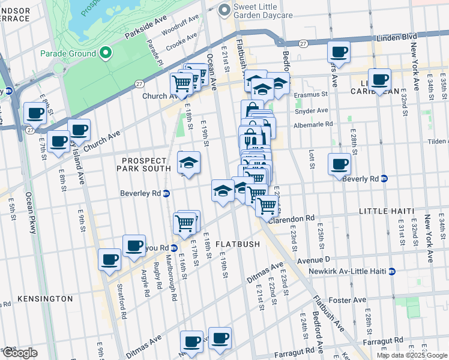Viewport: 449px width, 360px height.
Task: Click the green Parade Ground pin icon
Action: point(106,53)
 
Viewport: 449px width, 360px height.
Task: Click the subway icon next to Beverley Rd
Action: point(167,193)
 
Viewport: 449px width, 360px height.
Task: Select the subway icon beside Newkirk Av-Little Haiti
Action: point(392,271)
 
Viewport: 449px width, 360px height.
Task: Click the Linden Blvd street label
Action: point(396,37)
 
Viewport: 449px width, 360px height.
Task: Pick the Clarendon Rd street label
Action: point(292,219)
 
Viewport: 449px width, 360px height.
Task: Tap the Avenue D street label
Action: point(314,259)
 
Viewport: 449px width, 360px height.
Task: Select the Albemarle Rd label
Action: point(313,124)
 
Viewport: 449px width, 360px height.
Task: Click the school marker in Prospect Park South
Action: point(188,163)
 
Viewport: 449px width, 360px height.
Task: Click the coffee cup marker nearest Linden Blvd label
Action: point(339,52)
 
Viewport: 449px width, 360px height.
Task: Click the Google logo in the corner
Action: point(19,353)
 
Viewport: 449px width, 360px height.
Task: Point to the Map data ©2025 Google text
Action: point(411,355)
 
